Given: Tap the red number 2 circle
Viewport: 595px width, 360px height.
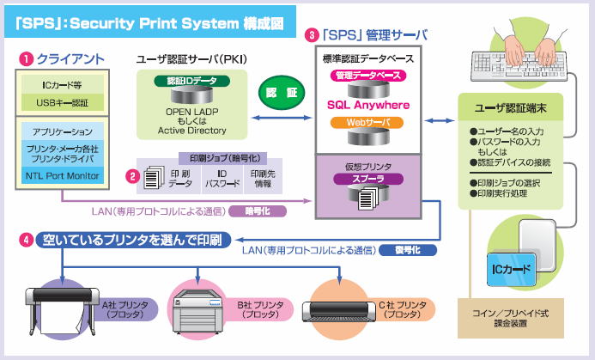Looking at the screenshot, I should tap(132, 177).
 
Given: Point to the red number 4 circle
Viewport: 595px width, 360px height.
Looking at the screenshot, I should tap(27, 241).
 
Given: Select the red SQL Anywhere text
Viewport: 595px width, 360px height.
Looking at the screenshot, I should tap(367, 106).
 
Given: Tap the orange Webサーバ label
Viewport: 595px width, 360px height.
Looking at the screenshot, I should tap(367, 124).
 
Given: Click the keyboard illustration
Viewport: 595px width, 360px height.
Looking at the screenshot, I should tap(519, 62).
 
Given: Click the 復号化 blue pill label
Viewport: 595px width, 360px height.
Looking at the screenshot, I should tap(410, 250).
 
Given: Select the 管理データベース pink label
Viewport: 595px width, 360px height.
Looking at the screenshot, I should tap(367, 76).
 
